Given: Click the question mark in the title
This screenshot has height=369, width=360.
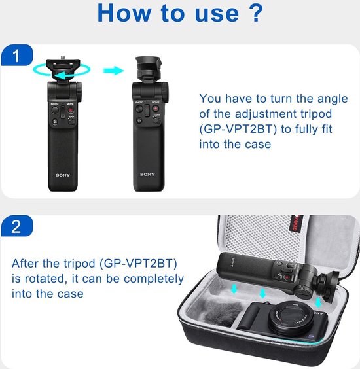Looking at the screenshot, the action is point(254,13).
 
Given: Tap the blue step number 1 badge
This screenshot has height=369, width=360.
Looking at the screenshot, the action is point(17,55).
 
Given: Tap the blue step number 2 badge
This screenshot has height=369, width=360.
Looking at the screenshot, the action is point(17,226).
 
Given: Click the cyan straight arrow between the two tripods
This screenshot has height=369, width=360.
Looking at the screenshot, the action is point(113,71).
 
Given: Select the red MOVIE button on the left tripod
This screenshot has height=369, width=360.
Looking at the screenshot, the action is point(71,110).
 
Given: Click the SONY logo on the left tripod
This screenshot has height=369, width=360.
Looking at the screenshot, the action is point(63,175).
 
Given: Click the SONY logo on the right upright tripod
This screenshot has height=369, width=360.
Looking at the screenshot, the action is point(147,175).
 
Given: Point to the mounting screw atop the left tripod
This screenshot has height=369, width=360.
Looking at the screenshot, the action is point(63,58).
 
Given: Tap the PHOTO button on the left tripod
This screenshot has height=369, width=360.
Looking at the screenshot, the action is point(55,110).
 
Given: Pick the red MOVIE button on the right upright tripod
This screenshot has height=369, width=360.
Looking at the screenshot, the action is point(155,109).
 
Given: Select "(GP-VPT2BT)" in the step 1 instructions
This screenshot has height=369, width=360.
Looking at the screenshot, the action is point(238,129).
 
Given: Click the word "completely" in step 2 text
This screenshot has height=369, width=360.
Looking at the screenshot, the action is point(154,279).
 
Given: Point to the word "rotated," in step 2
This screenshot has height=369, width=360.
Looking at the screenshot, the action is point(45,279).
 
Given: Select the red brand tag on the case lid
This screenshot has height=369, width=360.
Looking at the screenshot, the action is point(294,223).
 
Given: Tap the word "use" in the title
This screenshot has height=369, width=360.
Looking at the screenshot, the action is point(217,14).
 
